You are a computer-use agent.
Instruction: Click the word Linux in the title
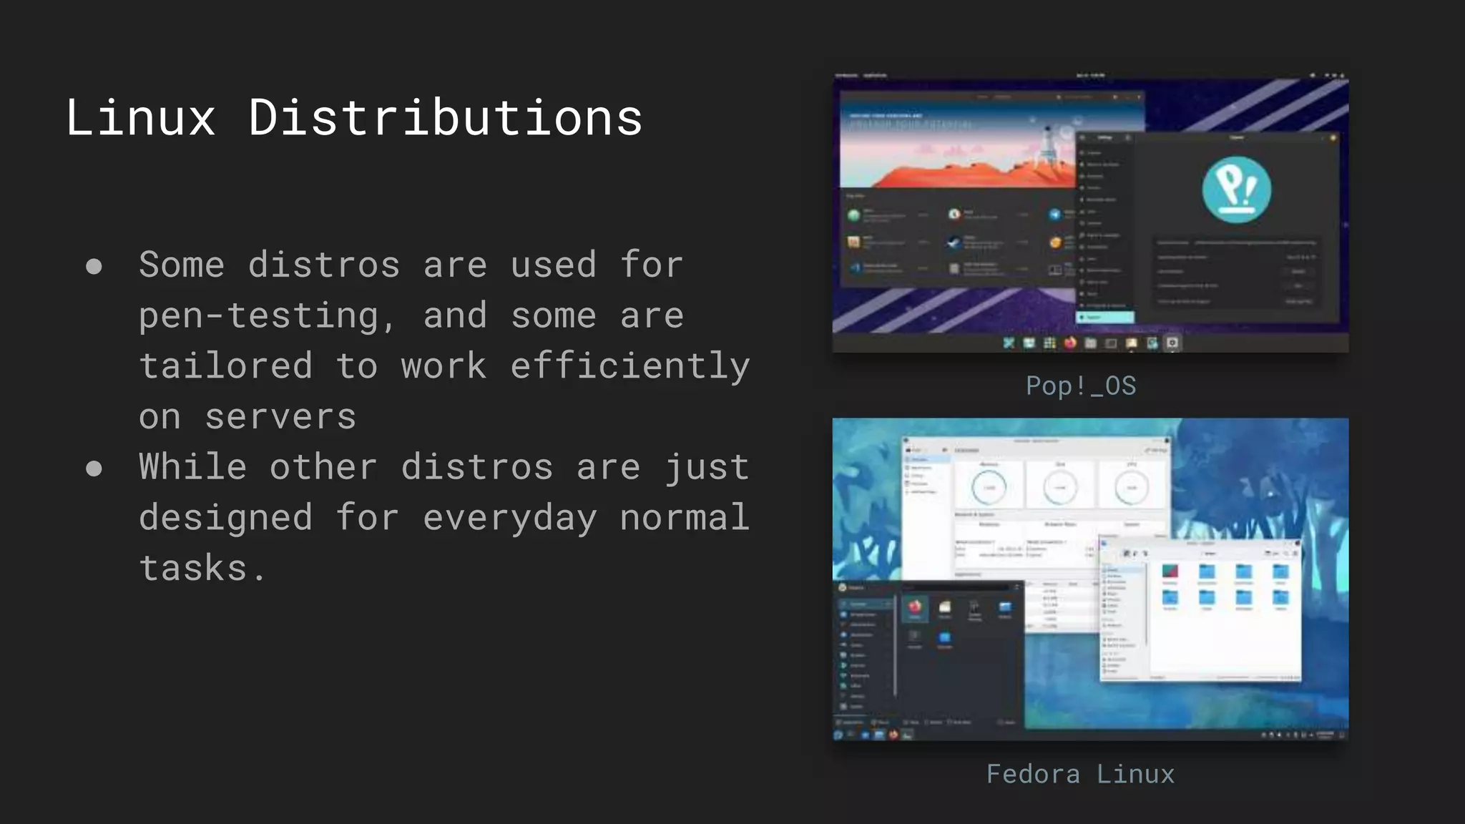tap(140, 117)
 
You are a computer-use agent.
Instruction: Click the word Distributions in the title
tap(445, 117)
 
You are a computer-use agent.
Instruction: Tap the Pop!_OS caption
tap(1080, 386)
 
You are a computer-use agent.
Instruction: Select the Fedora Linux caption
tap(1080, 774)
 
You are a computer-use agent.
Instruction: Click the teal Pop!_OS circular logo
tap(1236, 190)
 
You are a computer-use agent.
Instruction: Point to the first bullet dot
tap(94, 267)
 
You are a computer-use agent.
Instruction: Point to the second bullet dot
tap(94, 469)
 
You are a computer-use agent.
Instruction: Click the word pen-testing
tap(258, 316)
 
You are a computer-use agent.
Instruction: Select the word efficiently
tap(629, 366)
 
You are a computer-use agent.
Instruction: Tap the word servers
tap(280, 417)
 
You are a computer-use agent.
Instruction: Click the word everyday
tap(509, 518)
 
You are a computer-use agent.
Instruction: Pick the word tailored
tap(225, 366)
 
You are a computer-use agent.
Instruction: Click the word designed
tap(225, 518)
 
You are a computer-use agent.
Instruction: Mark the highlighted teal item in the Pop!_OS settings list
tap(1105, 317)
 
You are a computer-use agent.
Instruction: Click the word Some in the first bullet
tap(182, 265)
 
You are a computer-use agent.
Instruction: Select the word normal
tap(685, 518)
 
